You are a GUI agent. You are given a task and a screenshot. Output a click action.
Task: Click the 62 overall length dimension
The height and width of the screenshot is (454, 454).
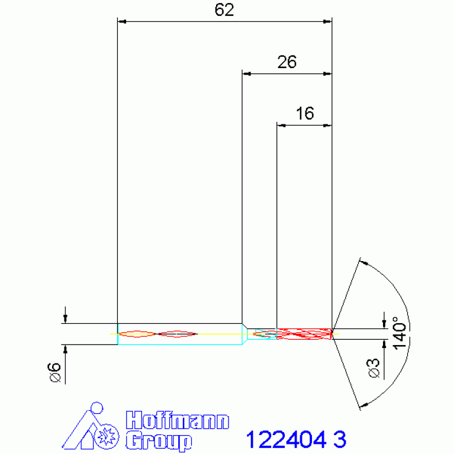click(224, 10)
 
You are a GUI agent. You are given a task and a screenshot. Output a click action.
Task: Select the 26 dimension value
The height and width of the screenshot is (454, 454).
click(287, 62)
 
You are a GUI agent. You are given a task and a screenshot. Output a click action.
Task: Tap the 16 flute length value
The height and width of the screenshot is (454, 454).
click(305, 113)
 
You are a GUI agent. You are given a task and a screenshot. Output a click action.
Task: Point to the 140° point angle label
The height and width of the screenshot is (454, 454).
click(400, 333)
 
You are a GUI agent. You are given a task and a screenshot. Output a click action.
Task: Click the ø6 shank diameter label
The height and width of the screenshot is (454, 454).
click(54, 372)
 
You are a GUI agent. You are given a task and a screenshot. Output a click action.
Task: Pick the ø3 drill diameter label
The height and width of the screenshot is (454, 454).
click(374, 368)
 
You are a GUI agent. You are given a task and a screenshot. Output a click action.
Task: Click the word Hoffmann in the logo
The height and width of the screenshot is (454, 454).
click(178, 420)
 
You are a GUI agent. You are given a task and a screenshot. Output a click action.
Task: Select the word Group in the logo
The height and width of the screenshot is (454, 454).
click(159, 441)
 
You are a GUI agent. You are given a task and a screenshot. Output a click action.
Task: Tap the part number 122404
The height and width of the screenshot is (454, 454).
click(286, 440)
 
